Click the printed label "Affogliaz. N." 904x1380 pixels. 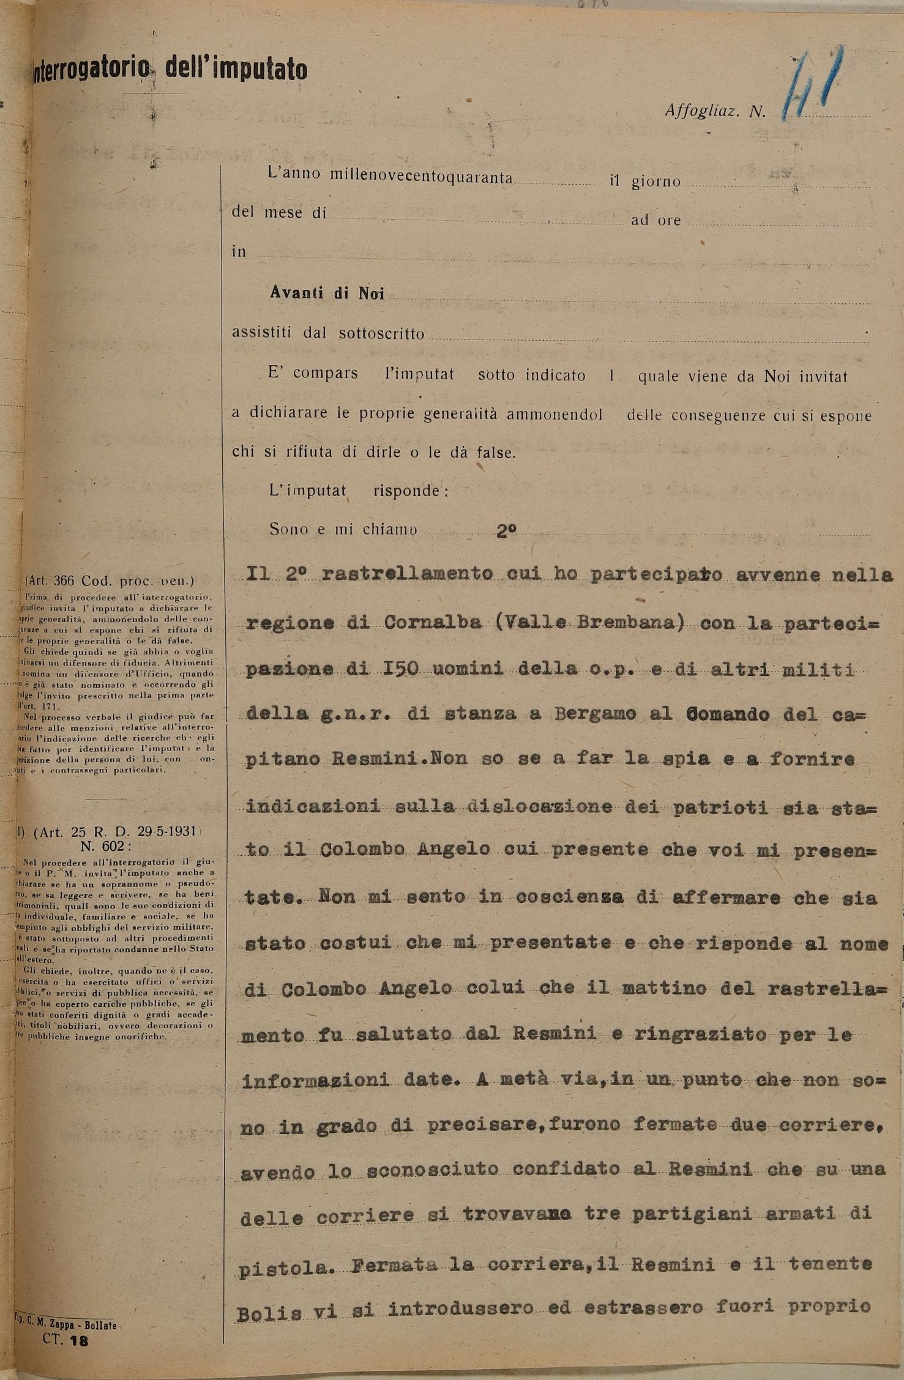point(715,112)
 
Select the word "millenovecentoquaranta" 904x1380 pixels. point(421,176)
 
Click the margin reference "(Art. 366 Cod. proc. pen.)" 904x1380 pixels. point(110,581)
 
